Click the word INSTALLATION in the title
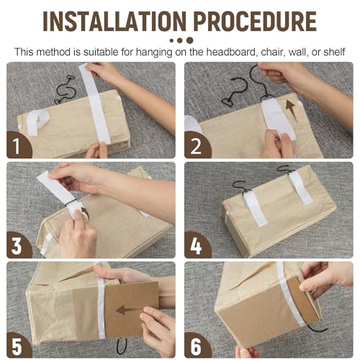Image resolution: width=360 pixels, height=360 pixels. (114, 21)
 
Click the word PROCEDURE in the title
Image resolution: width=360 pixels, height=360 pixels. (255, 21)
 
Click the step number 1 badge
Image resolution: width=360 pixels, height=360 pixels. (17, 145)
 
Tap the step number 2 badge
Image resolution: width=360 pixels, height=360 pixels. (196, 145)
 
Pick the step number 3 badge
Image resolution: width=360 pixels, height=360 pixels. (17, 246)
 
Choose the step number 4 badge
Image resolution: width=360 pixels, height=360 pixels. (196, 246)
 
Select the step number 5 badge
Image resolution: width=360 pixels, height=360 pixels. (17, 346)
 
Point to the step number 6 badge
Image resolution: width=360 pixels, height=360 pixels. (196, 346)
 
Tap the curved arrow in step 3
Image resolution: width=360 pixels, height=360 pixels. (86, 212)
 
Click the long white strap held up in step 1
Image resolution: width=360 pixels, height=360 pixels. (95, 104)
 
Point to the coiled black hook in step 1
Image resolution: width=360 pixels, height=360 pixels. (63, 89)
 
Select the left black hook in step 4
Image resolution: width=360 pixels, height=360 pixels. (242, 187)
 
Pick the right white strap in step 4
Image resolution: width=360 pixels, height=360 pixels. (300, 187)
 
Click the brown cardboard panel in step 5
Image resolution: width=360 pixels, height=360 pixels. (132, 309)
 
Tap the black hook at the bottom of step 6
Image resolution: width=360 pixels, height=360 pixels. (317, 329)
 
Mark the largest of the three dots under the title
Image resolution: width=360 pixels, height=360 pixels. (189, 40)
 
